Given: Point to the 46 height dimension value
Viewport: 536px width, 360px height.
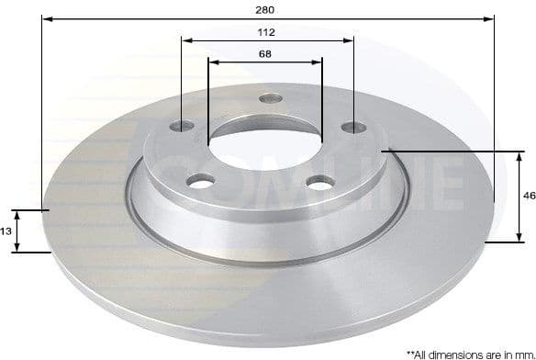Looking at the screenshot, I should [529, 196].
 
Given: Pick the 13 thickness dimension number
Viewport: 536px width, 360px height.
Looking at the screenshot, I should [6, 231].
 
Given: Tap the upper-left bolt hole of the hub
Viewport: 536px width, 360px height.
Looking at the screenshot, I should [184, 126].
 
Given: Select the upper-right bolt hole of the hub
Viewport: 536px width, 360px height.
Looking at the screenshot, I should [352, 128].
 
